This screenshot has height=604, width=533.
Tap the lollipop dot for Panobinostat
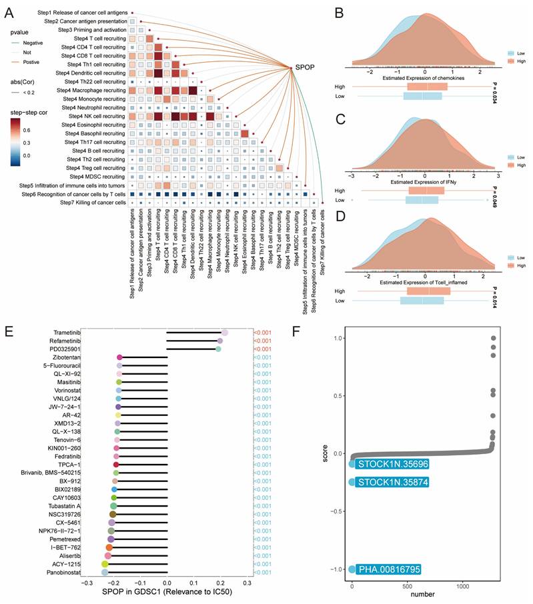tap(104, 572)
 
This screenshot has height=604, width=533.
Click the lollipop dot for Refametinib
tap(220, 341)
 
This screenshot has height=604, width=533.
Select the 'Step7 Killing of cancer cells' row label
tap(93, 202)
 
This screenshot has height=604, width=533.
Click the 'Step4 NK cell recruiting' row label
tap(91, 115)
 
